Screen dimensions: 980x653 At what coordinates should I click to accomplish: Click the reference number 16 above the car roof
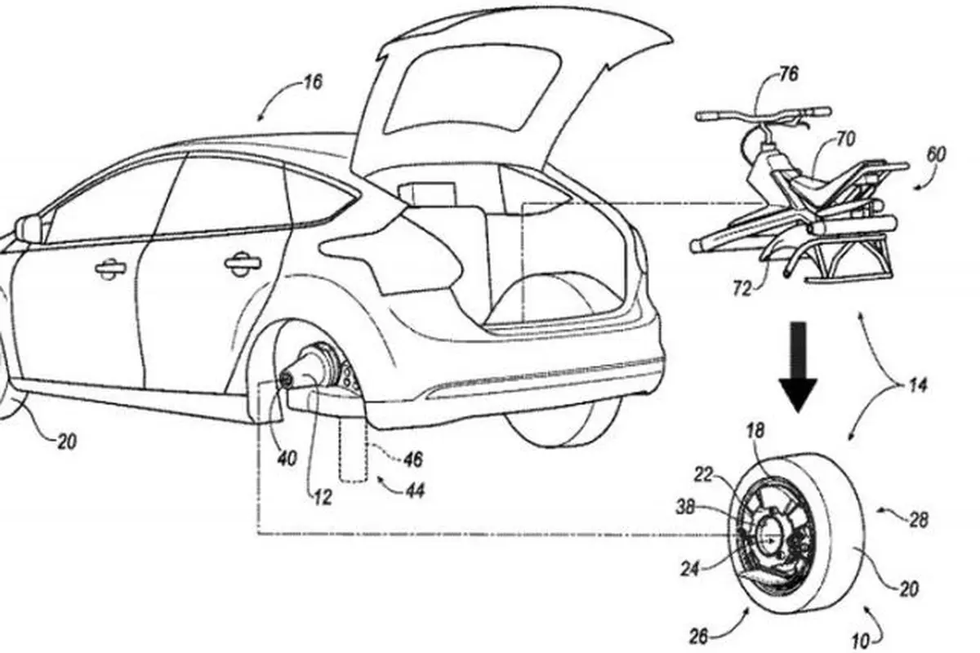(313, 82)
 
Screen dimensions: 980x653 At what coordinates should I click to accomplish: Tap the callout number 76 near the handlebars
(788, 74)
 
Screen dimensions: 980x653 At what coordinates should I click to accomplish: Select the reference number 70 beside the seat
(846, 140)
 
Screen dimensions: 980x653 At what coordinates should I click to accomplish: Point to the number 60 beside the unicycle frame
(936, 154)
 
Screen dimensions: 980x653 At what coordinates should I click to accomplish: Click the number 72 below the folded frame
(742, 289)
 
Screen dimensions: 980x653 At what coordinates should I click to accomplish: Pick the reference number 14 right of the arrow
(917, 385)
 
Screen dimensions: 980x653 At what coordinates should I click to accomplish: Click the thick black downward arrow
(798, 366)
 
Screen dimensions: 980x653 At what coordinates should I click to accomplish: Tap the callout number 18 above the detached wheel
(755, 431)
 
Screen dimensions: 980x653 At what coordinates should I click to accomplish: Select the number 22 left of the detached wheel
(703, 474)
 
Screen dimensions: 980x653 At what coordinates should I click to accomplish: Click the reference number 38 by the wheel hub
(685, 508)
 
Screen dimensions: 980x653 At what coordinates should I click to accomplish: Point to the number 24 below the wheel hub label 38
(690, 569)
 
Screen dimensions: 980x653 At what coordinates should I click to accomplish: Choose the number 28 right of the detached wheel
(917, 520)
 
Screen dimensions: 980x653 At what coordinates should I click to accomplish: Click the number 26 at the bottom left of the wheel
(699, 637)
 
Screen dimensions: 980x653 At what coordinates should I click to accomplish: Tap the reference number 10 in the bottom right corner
(860, 642)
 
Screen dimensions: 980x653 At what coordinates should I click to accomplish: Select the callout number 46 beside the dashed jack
(412, 460)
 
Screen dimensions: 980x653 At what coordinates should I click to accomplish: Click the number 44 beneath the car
(414, 491)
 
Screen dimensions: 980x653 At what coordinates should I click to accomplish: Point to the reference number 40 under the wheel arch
(287, 459)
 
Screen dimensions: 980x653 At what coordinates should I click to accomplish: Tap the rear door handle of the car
(242, 263)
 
